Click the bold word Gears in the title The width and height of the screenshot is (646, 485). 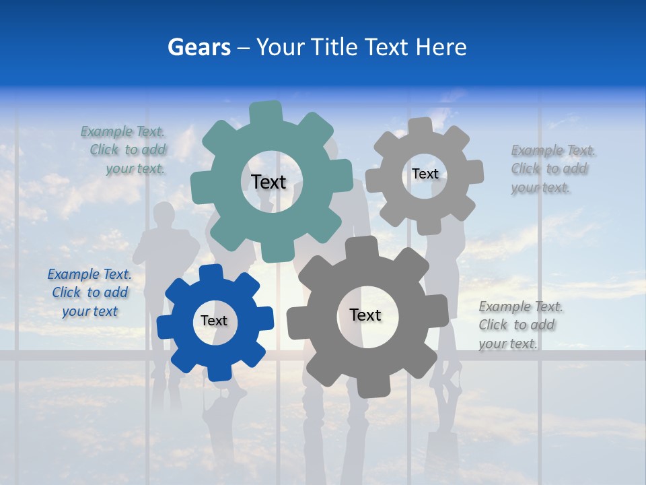tap(198, 47)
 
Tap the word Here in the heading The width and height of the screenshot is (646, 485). tap(441, 47)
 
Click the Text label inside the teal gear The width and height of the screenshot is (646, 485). tap(268, 182)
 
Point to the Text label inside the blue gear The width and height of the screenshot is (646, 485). tap(214, 321)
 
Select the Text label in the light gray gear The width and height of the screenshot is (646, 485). tap(425, 174)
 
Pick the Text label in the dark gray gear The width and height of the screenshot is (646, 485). tap(365, 315)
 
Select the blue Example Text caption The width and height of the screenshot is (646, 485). tap(89, 292)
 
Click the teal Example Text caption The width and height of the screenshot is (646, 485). tap(125, 150)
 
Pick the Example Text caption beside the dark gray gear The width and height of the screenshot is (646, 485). tap(520, 325)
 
